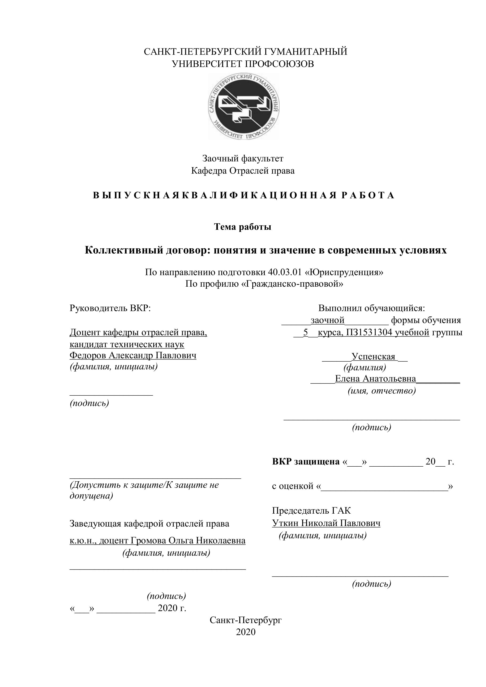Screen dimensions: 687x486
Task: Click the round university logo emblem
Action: coord(244,106)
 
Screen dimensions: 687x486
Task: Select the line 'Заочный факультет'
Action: coord(243,158)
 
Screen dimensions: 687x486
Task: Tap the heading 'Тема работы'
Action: coord(243,227)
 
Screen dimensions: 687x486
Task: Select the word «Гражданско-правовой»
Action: coord(292,283)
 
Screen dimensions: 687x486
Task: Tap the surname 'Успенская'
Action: coord(373,357)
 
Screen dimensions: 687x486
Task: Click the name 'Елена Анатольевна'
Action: coord(375,379)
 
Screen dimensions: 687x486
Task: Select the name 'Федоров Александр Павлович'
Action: coord(133,355)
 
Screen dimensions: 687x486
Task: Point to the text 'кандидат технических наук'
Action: coord(127,344)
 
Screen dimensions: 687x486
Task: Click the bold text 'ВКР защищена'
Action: coord(306,462)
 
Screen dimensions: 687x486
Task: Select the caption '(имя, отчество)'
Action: coord(382,390)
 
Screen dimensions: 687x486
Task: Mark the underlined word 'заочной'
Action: coord(328,320)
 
